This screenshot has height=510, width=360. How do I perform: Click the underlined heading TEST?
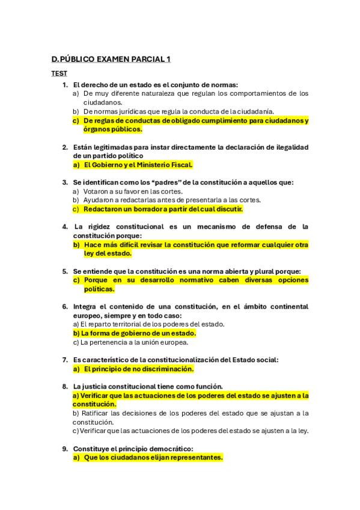click(x=59, y=73)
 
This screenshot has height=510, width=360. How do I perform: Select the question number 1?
click(x=65, y=85)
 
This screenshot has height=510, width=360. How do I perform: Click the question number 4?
click(x=65, y=227)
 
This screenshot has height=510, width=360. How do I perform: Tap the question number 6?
click(x=65, y=307)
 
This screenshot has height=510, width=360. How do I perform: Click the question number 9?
click(x=65, y=449)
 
